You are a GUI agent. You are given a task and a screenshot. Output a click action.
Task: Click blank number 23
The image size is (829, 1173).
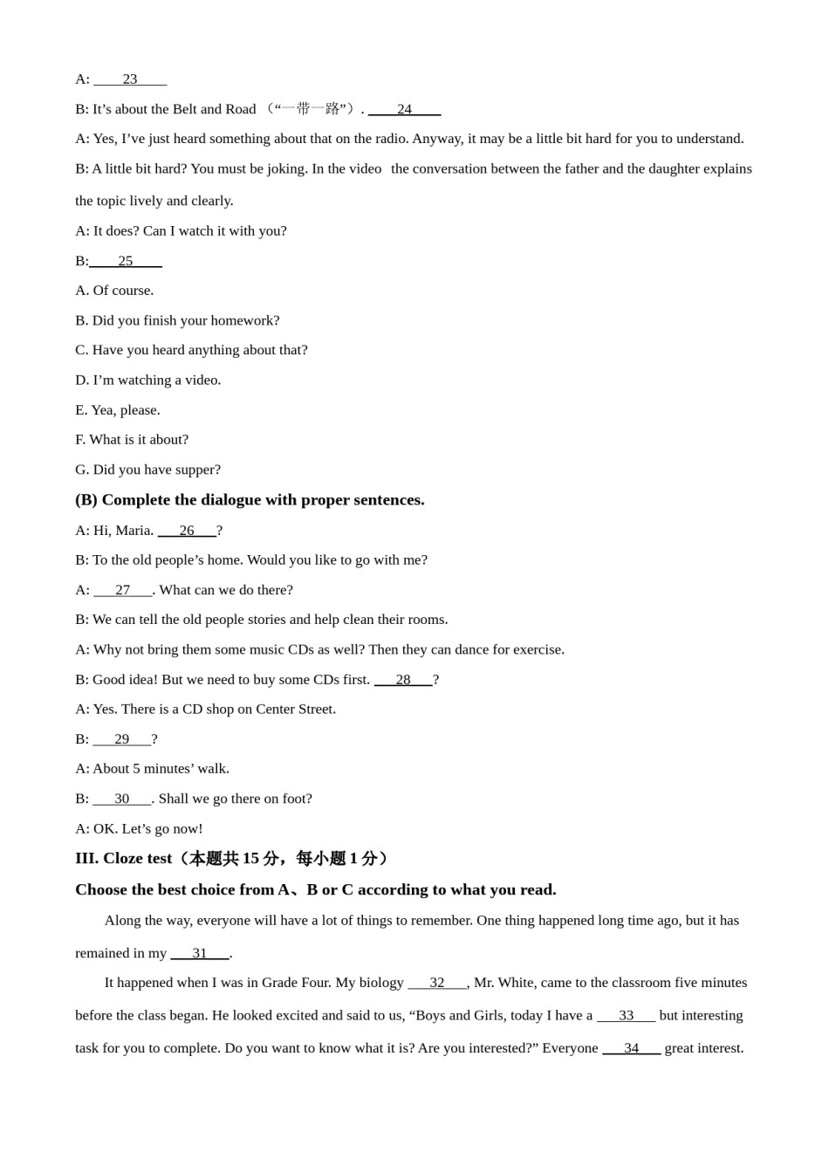[x=130, y=79]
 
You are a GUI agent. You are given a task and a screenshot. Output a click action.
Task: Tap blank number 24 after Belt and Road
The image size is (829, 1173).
[x=404, y=109]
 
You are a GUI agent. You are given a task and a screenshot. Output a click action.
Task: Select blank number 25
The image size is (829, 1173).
[x=126, y=261]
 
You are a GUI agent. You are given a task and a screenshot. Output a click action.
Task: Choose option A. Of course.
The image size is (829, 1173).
[x=114, y=291]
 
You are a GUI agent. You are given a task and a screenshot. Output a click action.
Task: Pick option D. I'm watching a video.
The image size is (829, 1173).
[x=148, y=380]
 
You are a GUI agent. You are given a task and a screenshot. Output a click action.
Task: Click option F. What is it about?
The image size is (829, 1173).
[x=132, y=440]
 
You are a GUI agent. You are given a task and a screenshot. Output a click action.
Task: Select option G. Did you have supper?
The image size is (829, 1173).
[x=147, y=470]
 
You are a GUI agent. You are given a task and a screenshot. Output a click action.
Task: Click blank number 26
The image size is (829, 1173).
[x=187, y=531]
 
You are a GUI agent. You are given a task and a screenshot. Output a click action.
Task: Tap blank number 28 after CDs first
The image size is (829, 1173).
[x=403, y=680]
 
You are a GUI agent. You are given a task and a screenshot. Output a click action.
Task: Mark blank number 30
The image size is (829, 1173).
[x=122, y=799]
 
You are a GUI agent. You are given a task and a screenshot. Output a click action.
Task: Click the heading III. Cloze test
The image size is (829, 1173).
[x=123, y=859]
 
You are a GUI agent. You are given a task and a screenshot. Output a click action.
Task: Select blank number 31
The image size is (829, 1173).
[x=200, y=953]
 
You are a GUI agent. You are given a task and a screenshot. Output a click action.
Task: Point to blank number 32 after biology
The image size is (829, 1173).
[x=437, y=983]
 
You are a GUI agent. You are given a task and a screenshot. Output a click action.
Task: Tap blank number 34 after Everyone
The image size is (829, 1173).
[x=631, y=1048]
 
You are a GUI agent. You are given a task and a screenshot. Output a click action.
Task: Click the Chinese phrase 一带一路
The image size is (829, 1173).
[x=310, y=109]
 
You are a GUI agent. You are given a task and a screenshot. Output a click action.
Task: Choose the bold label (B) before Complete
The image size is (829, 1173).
[x=86, y=500]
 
